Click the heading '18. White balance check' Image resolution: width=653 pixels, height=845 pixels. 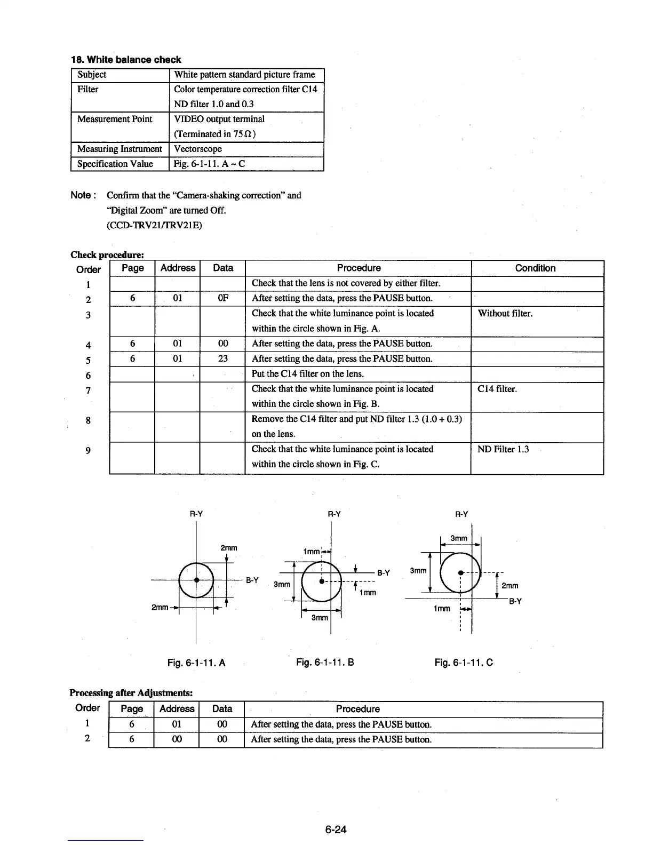click(x=126, y=60)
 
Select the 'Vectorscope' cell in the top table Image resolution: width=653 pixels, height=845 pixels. click(x=198, y=149)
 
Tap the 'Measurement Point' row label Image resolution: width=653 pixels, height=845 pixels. click(x=115, y=119)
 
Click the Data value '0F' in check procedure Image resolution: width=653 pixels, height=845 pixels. click(x=223, y=298)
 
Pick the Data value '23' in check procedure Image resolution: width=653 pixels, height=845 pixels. click(x=223, y=358)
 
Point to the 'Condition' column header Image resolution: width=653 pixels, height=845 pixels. click(x=535, y=268)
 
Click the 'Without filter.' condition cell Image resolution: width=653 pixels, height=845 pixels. click(x=505, y=313)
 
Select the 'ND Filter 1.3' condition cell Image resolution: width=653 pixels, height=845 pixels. click(x=503, y=449)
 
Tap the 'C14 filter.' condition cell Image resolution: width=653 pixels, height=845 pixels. click(x=497, y=389)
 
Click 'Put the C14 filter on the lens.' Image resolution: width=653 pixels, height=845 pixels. click(x=308, y=373)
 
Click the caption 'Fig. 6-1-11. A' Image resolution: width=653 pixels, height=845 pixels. click(x=196, y=663)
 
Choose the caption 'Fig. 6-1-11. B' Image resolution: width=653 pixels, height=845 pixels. click(x=325, y=663)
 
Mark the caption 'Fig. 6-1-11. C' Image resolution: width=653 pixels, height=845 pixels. click(x=464, y=663)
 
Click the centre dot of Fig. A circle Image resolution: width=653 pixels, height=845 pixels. click(x=196, y=580)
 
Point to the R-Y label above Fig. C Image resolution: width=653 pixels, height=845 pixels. click(x=461, y=514)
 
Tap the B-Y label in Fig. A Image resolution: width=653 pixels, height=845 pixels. click(x=252, y=580)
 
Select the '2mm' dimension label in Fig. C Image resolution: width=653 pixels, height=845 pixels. click(x=510, y=586)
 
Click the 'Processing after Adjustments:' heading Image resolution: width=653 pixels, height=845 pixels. click(x=131, y=693)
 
